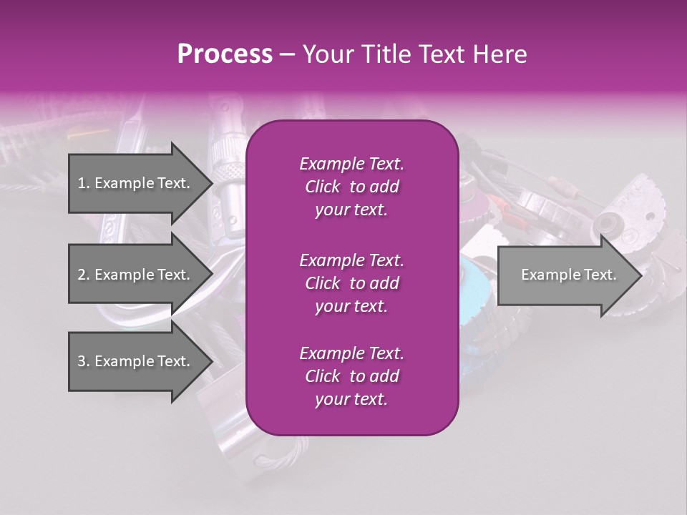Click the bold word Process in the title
point(225,54)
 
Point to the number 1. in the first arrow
point(84,183)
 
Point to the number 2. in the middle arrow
point(84,275)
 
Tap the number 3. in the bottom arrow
point(84,361)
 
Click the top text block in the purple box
point(351,187)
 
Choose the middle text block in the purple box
point(351,283)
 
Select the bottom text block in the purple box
point(351,376)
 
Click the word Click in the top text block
point(322,187)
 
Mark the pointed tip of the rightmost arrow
point(640,275)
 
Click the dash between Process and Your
point(288,54)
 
